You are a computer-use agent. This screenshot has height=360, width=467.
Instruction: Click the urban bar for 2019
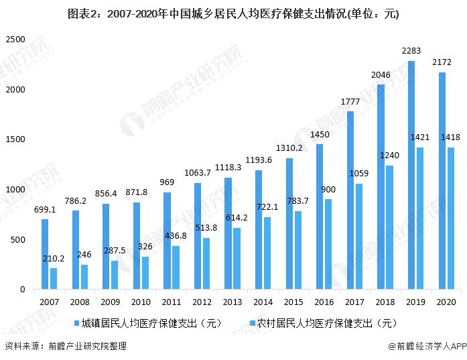(x=411, y=176)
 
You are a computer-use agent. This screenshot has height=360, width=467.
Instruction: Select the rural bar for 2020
(x=450, y=219)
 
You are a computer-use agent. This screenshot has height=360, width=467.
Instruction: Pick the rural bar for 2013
(x=237, y=259)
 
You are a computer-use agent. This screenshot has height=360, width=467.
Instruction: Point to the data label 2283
(x=411, y=51)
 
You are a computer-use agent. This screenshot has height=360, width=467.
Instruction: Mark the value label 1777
(x=350, y=101)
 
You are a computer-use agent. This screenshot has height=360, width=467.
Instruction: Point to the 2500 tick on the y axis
(x=15, y=40)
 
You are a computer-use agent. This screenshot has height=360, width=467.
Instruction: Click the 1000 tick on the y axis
(x=15, y=190)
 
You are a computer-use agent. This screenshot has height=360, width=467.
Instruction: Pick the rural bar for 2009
(x=115, y=275)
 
